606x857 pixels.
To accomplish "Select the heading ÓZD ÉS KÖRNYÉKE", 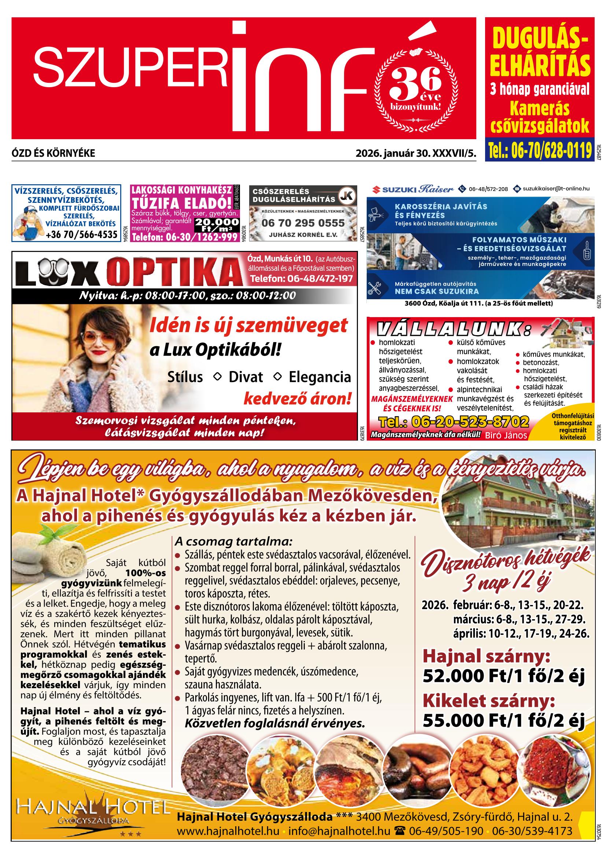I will pos(53,153).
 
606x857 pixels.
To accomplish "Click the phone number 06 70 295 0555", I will pos(303,223).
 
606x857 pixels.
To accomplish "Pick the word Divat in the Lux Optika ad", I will pos(245,377).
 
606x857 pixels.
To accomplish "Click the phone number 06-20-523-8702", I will pos(454,422).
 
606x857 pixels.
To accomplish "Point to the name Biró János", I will pos(506,435).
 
